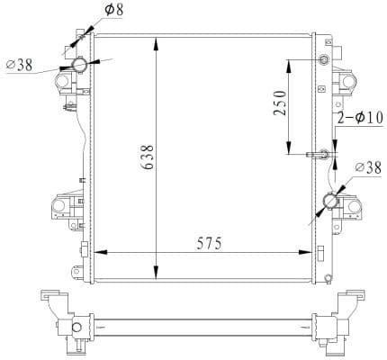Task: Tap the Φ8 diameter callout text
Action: click(114, 10)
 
